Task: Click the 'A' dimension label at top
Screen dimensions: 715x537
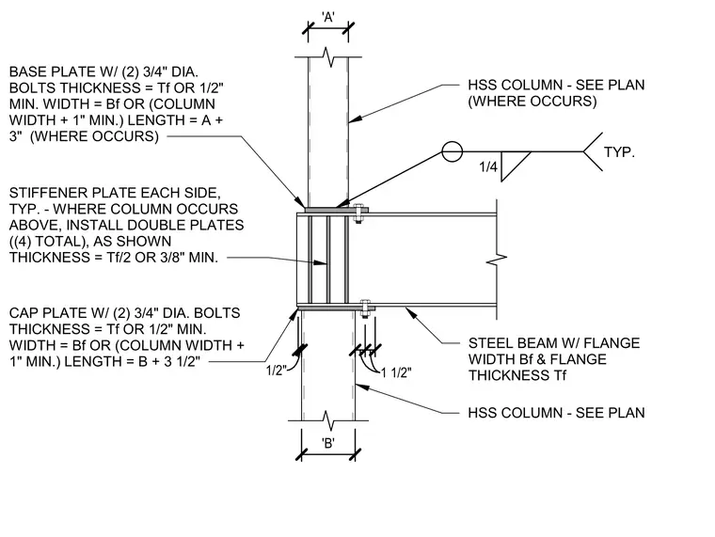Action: click(x=327, y=17)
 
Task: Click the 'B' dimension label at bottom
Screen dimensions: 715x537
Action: click(x=327, y=443)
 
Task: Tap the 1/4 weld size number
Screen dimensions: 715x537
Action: click(x=488, y=166)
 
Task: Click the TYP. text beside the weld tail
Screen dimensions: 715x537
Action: click(x=619, y=151)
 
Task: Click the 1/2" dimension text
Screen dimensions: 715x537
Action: click(x=276, y=371)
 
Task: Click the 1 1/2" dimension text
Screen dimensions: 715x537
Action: click(x=396, y=373)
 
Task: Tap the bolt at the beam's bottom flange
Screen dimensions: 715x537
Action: click(x=365, y=308)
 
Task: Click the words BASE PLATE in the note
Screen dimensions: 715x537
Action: click(x=48, y=71)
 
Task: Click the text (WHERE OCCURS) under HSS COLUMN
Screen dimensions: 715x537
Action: click(x=532, y=101)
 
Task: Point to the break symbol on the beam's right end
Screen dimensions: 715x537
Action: click(x=497, y=260)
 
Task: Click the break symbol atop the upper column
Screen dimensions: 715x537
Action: click(x=328, y=57)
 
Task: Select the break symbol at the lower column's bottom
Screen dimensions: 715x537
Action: click(x=328, y=420)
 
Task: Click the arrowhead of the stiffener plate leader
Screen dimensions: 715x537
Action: click(x=321, y=262)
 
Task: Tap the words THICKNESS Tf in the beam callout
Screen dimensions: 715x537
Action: click(x=517, y=375)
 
